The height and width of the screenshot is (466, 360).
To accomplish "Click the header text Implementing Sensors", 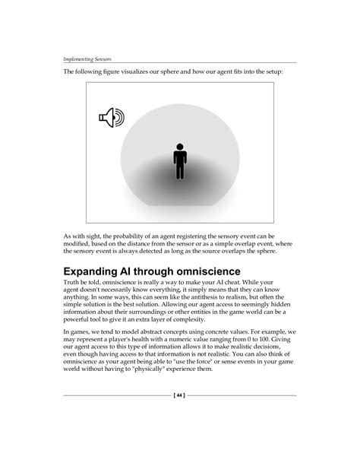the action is [x=87, y=57].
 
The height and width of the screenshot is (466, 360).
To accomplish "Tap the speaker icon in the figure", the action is [x=111, y=117].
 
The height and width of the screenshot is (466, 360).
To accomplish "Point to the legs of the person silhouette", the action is [x=180, y=170].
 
